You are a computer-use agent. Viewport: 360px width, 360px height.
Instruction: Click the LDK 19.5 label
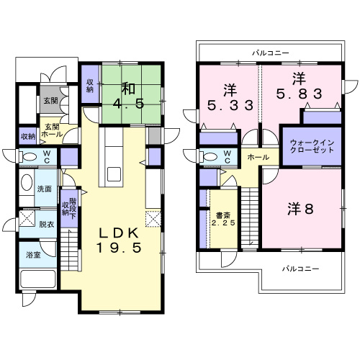coord(119,240)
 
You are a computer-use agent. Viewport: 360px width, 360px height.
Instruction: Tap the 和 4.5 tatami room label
coord(129,96)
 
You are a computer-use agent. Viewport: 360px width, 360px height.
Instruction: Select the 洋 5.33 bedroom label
coord(230,98)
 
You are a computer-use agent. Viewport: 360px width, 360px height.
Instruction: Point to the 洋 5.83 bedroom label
coord(299,86)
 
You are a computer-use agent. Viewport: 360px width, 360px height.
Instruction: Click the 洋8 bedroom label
coord(300,209)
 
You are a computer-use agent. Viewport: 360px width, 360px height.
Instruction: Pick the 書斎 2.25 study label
coord(223,219)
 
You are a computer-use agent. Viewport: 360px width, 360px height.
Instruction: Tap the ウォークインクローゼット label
coord(312,146)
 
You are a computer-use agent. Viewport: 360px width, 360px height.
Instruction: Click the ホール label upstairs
coord(258,158)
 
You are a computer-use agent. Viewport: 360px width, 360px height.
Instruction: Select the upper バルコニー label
coord(271,53)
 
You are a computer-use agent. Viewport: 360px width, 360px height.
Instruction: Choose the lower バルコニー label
coord(300,269)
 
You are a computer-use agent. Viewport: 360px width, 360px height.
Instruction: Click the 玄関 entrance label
coord(50,101)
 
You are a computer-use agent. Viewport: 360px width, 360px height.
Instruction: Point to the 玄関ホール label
coord(52,130)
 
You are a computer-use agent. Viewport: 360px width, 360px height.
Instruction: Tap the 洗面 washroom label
coord(45,189)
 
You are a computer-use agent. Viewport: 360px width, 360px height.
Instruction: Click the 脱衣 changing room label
coord(47,224)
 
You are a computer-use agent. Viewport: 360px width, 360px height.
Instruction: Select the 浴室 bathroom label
coord(33,255)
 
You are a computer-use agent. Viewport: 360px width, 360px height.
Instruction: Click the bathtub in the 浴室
coord(38,279)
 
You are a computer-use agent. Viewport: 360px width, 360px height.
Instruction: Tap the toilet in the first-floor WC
coord(28,157)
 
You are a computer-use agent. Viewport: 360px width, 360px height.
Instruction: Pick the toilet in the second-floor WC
coord(209,157)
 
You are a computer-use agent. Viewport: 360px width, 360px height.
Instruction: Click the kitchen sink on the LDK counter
coord(114,174)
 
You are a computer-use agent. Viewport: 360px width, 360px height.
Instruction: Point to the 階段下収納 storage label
coord(69,209)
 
